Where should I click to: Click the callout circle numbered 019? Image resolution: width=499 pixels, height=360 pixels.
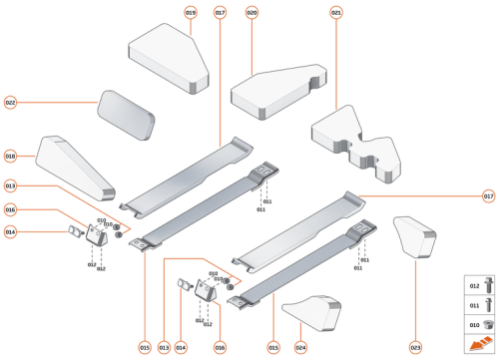tap(191, 12)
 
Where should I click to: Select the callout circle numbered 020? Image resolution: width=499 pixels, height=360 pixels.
tap(251, 12)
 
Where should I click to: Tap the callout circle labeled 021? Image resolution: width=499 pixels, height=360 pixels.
tap(336, 12)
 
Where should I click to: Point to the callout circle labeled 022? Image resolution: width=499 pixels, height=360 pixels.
tap(10, 102)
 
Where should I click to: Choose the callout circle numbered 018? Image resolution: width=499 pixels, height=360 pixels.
tap(10, 157)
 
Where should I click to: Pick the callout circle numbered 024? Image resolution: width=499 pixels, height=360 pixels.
tap(300, 347)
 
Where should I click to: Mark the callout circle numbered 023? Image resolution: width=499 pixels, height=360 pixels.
tap(415, 347)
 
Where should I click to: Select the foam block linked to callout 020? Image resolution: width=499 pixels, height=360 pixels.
tap(276, 92)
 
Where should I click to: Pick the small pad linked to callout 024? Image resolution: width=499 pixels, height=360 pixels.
tap(309, 313)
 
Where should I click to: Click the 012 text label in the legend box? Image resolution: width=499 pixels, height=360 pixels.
tap(473, 285)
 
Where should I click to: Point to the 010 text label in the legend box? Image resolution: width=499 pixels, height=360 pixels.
tap(473, 324)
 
